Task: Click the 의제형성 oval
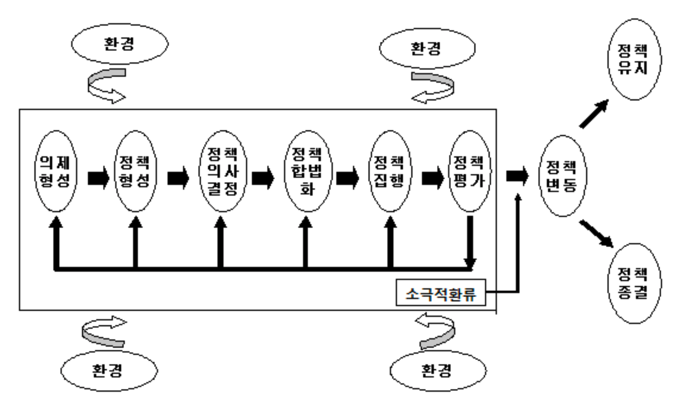(x=56, y=171)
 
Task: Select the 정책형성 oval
(x=135, y=171)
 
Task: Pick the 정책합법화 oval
(x=308, y=171)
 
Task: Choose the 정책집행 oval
(x=390, y=171)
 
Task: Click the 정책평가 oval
(x=470, y=171)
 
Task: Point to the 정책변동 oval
(x=562, y=176)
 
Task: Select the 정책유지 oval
(x=634, y=59)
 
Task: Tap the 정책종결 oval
(x=634, y=283)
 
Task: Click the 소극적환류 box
(x=441, y=293)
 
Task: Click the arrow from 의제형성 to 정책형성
(x=98, y=178)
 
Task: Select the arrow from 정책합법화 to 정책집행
(x=347, y=178)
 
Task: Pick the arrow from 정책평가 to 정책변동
(x=517, y=176)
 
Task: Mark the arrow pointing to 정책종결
(x=596, y=234)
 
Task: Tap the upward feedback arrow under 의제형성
(x=56, y=242)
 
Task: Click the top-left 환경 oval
(x=119, y=44)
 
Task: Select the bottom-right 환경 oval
(x=438, y=371)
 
